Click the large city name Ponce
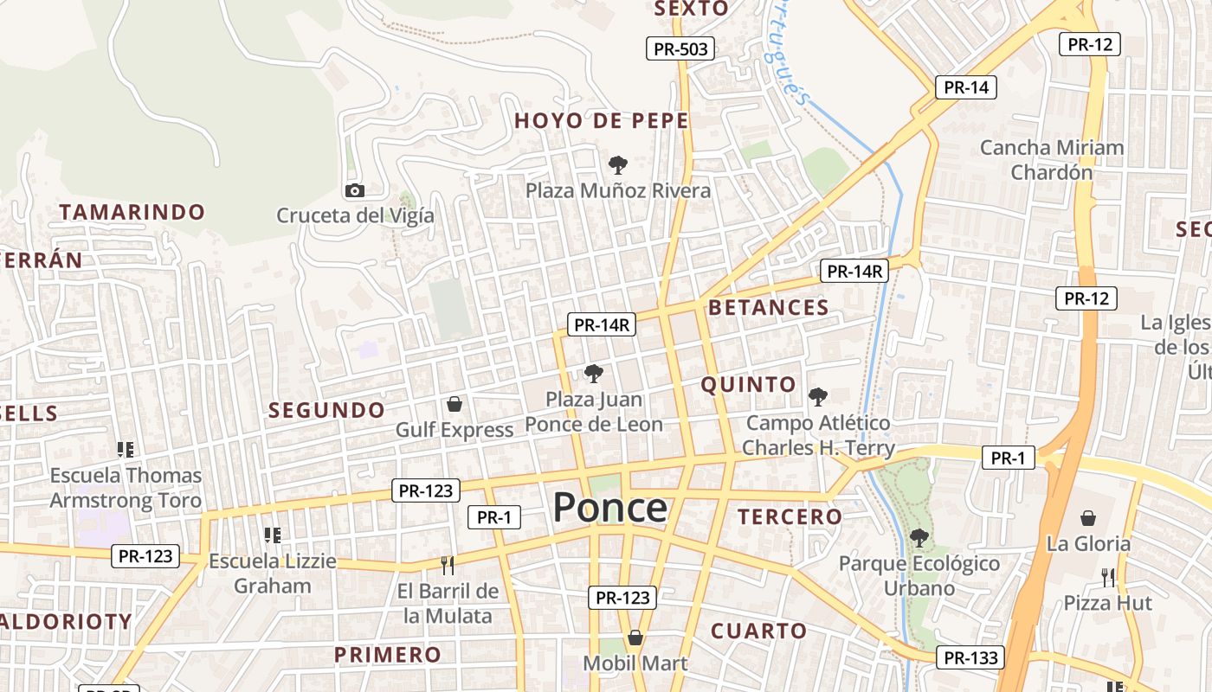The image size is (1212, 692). point(609,508)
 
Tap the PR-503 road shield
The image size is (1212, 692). point(680,48)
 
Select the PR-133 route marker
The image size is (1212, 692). point(971,657)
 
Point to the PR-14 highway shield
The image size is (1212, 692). point(966,87)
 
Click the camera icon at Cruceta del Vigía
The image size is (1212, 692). point(354,190)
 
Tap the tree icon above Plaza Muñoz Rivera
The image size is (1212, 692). point(617,164)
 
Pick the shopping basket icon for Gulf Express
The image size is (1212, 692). point(454,404)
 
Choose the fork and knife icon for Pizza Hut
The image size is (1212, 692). point(1108,577)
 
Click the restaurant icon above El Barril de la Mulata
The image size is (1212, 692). point(447,566)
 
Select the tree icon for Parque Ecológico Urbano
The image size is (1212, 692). point(919,538)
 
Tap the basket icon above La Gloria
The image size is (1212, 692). point(1088,518)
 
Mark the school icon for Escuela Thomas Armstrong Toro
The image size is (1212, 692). point(126,450)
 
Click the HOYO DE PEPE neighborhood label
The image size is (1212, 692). point(602,121)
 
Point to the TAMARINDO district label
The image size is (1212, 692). point(132,212)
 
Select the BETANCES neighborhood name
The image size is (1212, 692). point(768,307)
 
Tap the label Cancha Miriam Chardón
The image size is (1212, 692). point(1052,159)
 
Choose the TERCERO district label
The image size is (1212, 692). point(789,516)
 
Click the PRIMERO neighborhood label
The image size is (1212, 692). point(388,654)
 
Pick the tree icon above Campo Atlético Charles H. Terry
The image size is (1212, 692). point(817,397)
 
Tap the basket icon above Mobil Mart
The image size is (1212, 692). point(635,638)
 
